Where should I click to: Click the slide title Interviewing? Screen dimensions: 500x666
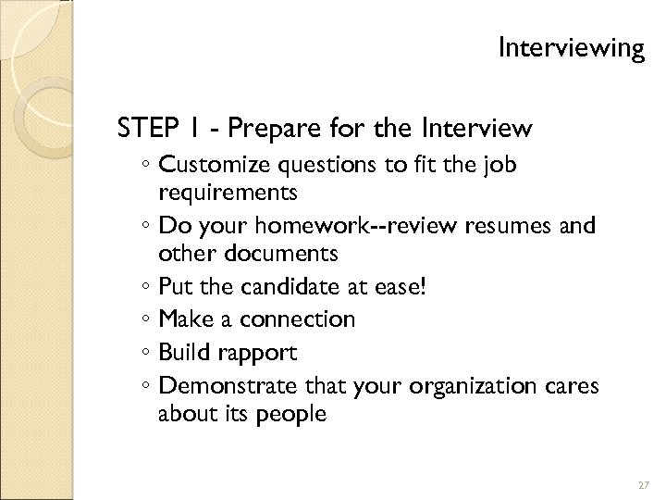pos(570,47)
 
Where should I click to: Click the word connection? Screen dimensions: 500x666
pos(297,319)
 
